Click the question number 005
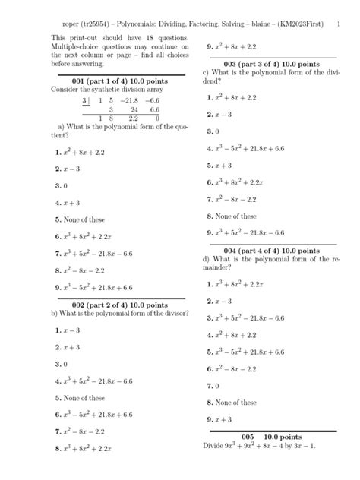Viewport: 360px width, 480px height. click(x=246, y=437)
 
